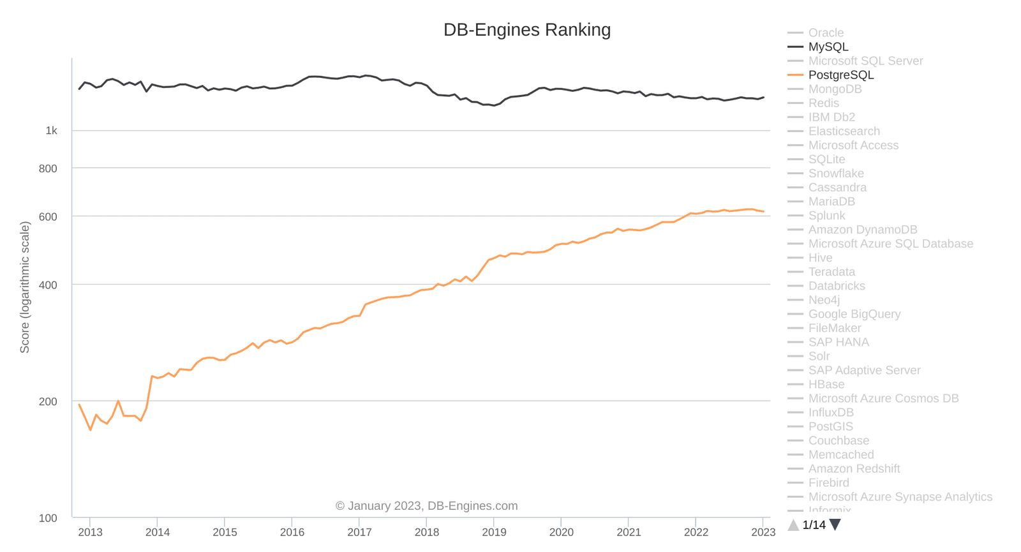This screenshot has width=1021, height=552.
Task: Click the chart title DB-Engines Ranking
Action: [527, 30]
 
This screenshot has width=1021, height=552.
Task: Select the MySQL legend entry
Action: [828, 47]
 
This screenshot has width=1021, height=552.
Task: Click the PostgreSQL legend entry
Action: [840, 75]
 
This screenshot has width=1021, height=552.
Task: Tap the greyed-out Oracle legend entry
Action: [825, 33]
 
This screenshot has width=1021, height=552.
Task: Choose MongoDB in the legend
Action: [835, 89]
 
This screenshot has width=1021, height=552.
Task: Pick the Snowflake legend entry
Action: [835, 174]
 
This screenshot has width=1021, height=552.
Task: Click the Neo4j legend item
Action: [824, 300]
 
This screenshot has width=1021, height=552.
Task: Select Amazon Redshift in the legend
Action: [854, 468]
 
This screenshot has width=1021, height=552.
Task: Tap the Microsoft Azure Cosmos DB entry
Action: [883, 398]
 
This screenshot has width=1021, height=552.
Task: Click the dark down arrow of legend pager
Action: [835, 525]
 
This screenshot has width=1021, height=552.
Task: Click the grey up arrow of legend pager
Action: [793, 525]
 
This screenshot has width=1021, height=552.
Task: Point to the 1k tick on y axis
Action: [51, 131]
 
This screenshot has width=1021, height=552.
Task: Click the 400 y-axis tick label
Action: [48, 285]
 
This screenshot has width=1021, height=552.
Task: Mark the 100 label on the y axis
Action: [48, 518]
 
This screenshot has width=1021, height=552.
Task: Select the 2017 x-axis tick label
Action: [359, 532]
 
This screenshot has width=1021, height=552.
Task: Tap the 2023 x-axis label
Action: [763, 532]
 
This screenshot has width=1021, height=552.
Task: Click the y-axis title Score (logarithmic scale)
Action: [25, 287]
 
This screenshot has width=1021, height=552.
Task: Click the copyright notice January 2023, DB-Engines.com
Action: [426, 506]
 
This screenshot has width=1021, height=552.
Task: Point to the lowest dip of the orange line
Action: [91, 429]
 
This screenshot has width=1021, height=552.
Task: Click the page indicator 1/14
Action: [814, 525]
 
